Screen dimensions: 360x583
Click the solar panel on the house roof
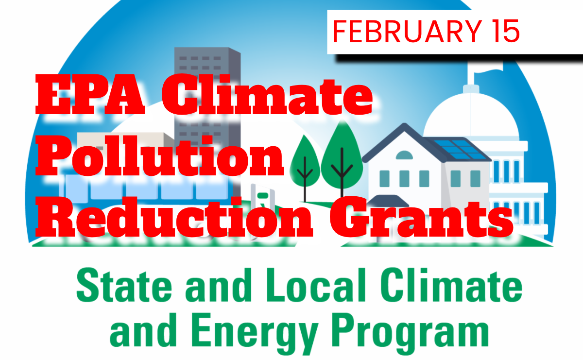click(459, 149)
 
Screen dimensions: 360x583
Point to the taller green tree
click(342, 151)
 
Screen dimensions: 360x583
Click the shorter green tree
click(305, 160)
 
